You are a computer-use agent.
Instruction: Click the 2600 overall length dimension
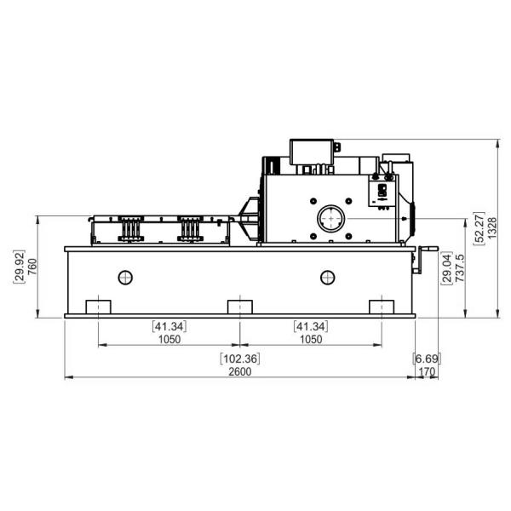(240, 371)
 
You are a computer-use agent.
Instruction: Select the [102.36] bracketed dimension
(240, 359)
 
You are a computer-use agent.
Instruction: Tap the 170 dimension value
(427, 371)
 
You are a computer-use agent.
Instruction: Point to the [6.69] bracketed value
(427, 359)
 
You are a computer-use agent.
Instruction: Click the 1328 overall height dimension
(492, 227)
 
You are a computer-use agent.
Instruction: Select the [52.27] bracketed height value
(479, 227)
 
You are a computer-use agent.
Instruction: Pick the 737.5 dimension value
(460, 268)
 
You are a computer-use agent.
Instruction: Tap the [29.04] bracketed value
(446, 268)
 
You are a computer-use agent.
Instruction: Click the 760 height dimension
(32, 267)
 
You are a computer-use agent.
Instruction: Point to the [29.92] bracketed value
(19, 267)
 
